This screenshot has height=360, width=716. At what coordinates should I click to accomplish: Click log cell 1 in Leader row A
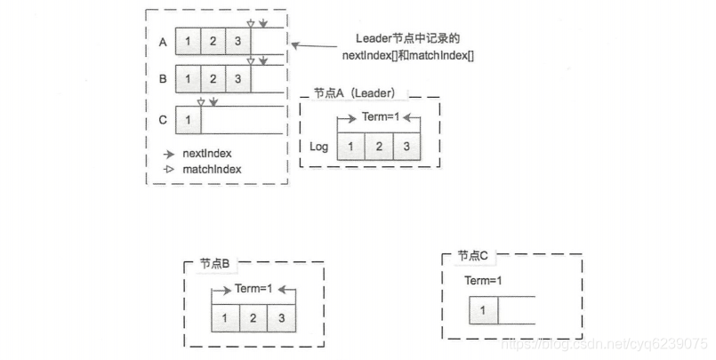[189, 42]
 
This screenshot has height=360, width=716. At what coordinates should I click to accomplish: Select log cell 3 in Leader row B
[237, 78]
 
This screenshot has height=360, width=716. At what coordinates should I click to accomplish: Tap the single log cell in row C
[189, 119]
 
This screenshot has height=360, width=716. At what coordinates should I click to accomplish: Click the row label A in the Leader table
[162, 42]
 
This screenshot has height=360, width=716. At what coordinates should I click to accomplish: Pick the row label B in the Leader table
[162, 78]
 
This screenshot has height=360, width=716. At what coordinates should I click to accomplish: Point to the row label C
[162, 119]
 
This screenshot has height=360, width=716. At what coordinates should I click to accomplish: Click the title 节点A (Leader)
[354, 93]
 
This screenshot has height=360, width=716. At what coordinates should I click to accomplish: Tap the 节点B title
[213, 264]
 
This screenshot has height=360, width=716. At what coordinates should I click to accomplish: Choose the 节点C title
[473, 256]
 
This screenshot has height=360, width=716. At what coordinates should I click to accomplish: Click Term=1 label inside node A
[378, 117]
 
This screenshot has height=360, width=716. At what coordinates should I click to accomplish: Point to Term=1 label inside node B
[253, 289]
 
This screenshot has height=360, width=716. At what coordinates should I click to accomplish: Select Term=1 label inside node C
[484, 281]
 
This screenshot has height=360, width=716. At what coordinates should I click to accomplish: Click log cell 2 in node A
[378, 146]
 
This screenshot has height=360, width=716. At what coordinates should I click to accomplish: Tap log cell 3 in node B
[281, 318]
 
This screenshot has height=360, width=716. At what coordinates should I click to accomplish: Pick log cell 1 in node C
[483, 310]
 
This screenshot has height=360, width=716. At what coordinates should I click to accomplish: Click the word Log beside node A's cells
[319, 146]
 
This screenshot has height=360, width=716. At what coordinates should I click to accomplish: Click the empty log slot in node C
[516, 310]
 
